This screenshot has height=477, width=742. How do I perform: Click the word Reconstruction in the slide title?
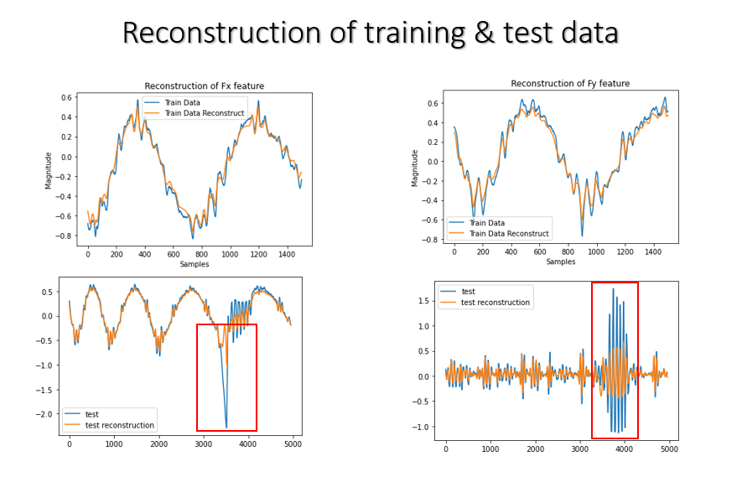[221, 33]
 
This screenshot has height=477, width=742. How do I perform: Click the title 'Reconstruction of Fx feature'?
[204, 86]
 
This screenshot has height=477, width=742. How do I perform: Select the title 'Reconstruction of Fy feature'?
[570, 84]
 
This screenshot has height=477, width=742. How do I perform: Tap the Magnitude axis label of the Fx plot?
[49, 169]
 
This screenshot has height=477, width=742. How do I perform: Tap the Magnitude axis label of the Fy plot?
[415, 168]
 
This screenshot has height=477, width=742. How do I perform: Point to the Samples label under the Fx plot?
[194, 264]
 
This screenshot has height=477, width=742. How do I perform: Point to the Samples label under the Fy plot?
[560, 262]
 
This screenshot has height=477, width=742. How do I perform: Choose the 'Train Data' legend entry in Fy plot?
[486, 223]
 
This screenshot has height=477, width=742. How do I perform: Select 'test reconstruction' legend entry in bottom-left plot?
[120, 425]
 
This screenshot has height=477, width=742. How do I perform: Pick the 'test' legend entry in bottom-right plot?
[469, 292]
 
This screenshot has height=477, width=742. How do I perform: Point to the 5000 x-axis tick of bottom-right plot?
[667, 448]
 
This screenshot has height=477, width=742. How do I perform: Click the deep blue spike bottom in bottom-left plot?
[226, 428]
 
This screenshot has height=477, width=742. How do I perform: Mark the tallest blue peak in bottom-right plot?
[613, 289]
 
